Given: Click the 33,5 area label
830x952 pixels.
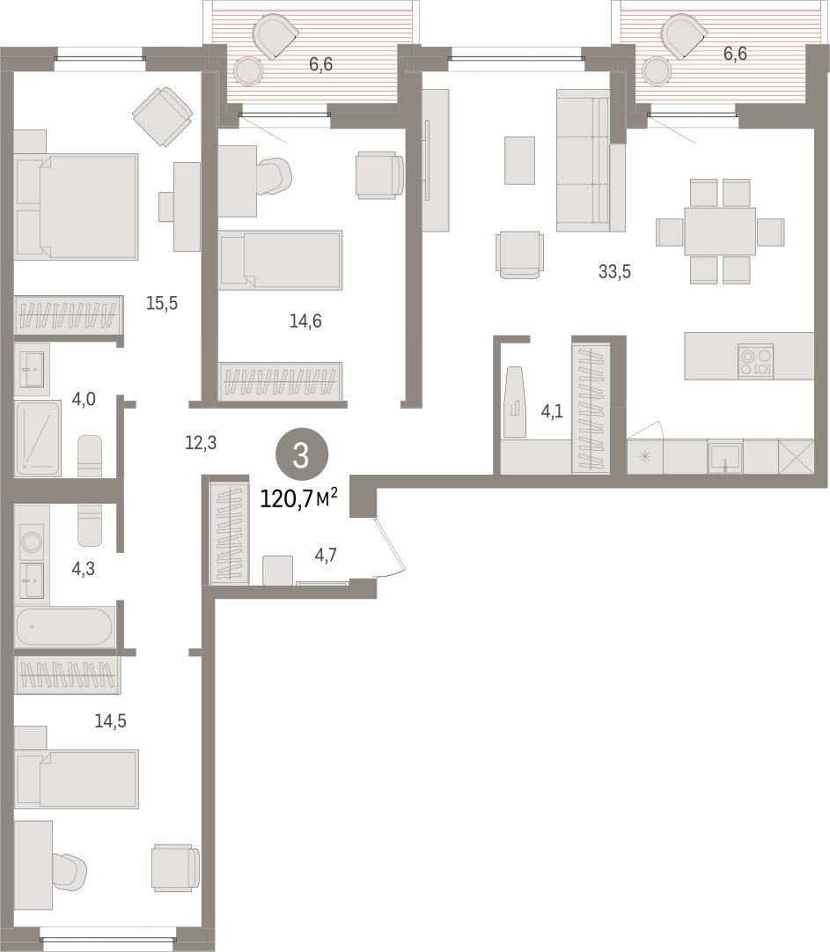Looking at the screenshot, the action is (614, 271).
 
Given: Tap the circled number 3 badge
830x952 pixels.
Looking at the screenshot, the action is (302, 455).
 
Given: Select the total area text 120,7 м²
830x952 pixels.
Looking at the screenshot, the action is (298, 498).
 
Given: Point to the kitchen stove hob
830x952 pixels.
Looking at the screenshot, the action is (756, 361).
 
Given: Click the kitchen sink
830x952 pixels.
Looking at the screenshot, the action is (725, 456).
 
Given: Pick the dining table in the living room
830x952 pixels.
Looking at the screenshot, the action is (720, 232).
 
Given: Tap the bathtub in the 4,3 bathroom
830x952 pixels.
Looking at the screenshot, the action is (64, 626).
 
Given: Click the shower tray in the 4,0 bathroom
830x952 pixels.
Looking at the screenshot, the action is (38, 438).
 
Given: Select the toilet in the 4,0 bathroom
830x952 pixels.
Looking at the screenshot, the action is (90, 456).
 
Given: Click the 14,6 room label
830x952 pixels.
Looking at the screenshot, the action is (305, 321).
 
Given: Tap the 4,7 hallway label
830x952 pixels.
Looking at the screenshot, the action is (326, 554).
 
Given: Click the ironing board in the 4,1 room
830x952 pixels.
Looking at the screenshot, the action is (516, 402).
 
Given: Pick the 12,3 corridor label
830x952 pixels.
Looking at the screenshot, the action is (200, 443).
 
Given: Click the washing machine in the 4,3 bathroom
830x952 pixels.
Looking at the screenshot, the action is (32, 542).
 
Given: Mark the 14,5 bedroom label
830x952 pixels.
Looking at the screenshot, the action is (110, 720).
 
